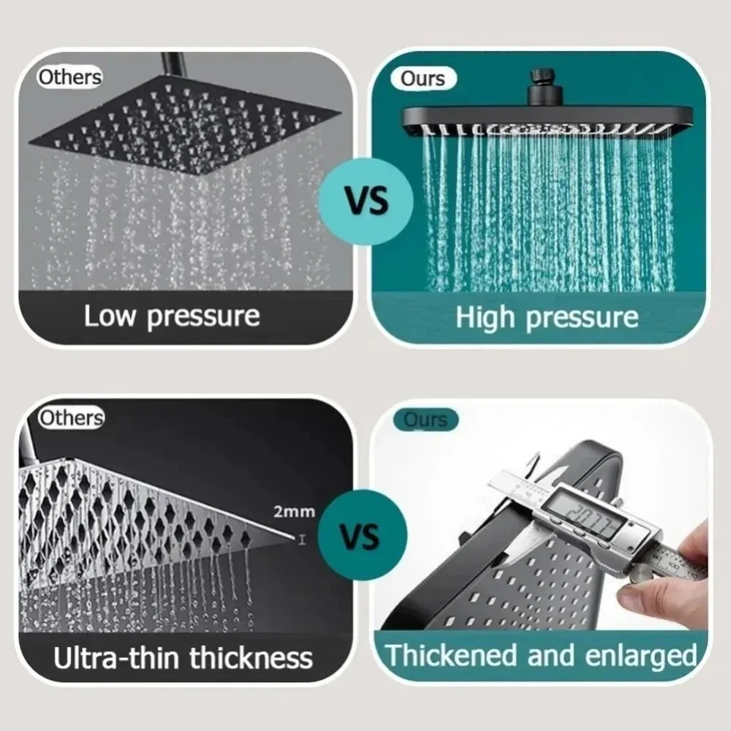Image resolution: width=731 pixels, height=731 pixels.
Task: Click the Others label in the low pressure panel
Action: pos(69,77)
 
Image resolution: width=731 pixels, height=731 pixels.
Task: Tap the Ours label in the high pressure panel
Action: pos(423,78)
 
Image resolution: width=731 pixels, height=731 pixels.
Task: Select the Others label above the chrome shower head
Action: pos(71,418)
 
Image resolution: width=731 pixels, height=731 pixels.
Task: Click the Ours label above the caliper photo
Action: pos(425,420)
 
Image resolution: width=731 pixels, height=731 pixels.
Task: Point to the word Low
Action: pos(110,317)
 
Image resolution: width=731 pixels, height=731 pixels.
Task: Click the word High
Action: pos(484,317)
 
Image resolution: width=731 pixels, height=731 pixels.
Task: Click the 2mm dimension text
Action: pos(294,511)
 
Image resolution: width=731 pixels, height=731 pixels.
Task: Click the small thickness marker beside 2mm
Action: pos(301,539)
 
